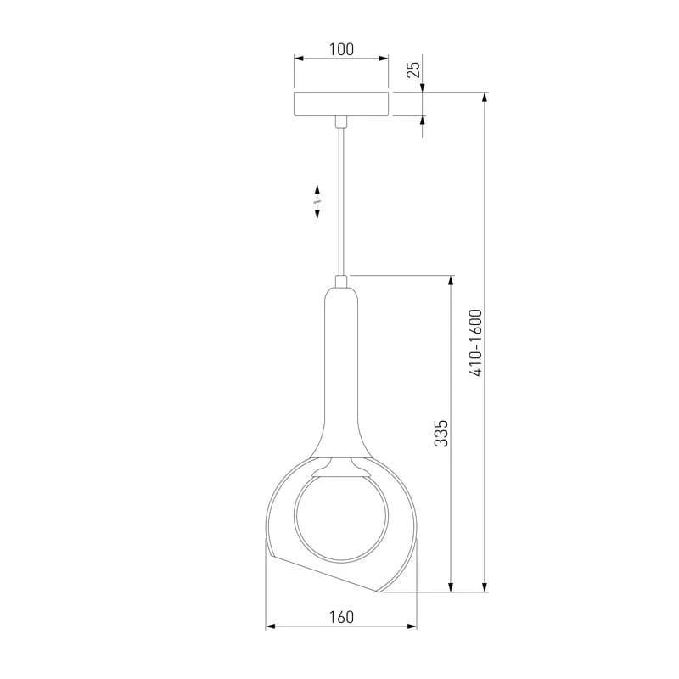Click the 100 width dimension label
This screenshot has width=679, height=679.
point(341,49)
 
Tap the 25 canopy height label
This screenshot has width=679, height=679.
point(414,70)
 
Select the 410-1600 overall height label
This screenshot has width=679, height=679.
point(475,343)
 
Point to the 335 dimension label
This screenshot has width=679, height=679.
point(441,433)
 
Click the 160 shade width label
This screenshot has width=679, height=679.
point(341,617)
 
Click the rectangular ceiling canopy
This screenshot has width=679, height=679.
point(341,104)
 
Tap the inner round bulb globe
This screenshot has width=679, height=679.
point(341,518)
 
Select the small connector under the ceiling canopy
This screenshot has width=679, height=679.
point(341,122)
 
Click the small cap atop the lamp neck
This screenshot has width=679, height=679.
point(341,282)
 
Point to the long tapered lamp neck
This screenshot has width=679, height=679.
point(341,373)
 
